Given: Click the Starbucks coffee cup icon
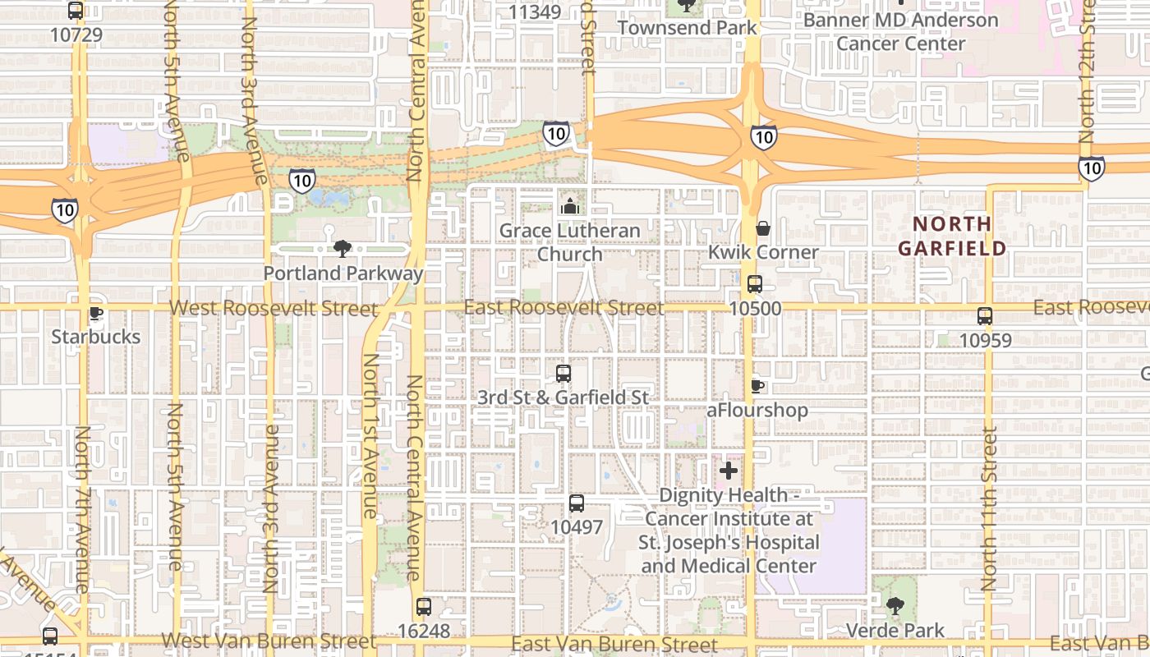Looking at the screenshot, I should tap(95, 313).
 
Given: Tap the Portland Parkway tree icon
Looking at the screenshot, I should tap(343, 248).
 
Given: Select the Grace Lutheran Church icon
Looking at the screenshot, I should tap(569, 205).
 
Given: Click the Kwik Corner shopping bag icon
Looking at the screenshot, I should tap(763, 227).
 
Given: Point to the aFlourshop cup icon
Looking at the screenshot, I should tap(757, 385).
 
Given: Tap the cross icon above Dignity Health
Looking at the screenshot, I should tap(729, 471).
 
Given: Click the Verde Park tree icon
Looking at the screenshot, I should tap(895, 607).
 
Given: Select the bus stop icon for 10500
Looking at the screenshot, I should tap(755, 284).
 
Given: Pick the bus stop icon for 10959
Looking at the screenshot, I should tap(985, 315).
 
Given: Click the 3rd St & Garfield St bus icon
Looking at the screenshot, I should tap(563, 374).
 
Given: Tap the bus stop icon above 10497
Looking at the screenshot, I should tap(577, 503).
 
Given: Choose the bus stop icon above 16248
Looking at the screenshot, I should tap(424, 607).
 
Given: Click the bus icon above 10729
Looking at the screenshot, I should tap(76, 11).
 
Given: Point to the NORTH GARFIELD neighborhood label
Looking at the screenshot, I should tap(952, 236).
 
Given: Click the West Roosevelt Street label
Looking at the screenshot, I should tap(274, 309).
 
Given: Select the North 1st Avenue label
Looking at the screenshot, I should tap(370, 435).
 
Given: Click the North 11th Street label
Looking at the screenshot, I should tap(989, 508).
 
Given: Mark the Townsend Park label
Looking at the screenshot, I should tap(687, 27).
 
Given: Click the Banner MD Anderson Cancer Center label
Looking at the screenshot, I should tap(900, 31).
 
